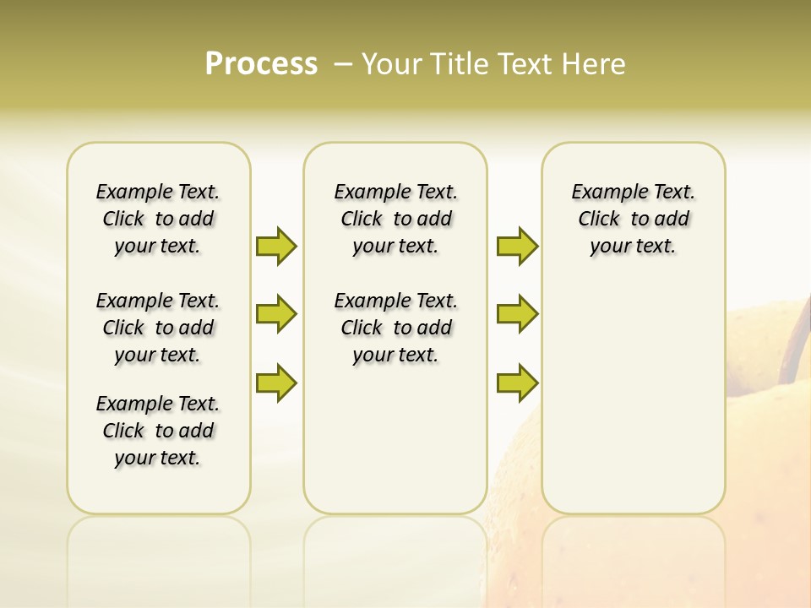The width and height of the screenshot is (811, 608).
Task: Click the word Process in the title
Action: (261, 63)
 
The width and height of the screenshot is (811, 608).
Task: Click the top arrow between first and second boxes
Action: (276, 246)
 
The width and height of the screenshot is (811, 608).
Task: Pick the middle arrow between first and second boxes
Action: (276, 314)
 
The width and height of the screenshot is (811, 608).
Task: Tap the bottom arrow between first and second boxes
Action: (276, 383)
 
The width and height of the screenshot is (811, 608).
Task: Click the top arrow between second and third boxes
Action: (517, 246)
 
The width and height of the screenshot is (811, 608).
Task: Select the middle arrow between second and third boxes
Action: (517, 314)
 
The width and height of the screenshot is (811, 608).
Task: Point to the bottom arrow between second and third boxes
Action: (517, 383)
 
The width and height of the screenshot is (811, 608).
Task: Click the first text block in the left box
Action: (158, 219)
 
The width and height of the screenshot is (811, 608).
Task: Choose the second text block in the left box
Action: (158, 328)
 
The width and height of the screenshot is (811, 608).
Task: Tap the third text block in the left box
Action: (158, 431)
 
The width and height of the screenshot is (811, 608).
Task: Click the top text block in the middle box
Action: (395, 219)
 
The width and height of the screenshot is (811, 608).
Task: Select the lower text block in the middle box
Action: (395, 328)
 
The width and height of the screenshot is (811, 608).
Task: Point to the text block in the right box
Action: (633, 219)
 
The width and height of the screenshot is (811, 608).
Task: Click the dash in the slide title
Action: (343, 64)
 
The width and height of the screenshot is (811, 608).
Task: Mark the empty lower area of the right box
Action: (633, 397)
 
